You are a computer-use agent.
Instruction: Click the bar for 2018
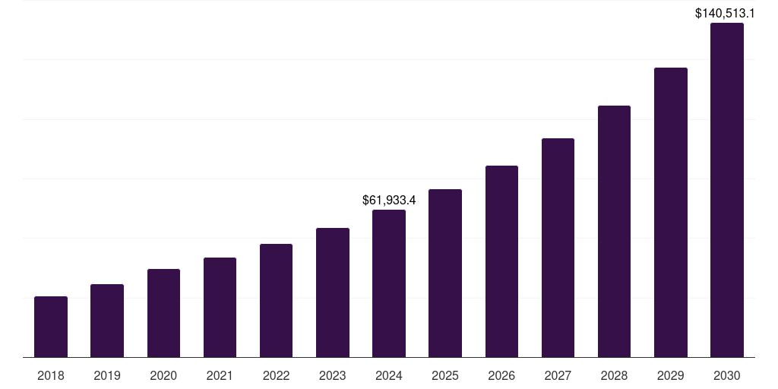(x=51, y=327)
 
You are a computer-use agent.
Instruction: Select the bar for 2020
(x=163, y=313)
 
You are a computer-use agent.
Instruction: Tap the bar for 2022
(x=276, y=300)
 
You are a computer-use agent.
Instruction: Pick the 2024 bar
(x=389, y=283)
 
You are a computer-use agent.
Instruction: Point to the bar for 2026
(x=501, y=261)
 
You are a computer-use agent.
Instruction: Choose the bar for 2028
(x=614, y=231)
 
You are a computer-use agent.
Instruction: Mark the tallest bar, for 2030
(x=727, y=190)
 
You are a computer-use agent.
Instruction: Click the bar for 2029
(x=671, y=212)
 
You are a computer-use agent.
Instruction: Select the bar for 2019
(x=107, y=321)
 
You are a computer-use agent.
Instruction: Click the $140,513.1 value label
(x=725, y=13)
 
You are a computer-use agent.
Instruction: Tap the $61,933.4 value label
(x=389, y=201)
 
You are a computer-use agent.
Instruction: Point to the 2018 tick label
(x=51, y=375)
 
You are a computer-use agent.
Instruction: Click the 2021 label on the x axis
(x=220, y=375)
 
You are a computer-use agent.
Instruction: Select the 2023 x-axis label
(x=333, y=375)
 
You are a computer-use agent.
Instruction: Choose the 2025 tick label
(x=445, y=375)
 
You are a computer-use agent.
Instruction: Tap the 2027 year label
(x=558, y=375)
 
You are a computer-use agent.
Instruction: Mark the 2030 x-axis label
(x=727, y=375)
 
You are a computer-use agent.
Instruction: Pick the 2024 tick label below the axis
(x=389, y=375)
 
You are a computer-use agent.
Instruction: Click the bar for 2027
(x=558, y=248)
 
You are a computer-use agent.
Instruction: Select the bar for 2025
(x=445, y=273)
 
